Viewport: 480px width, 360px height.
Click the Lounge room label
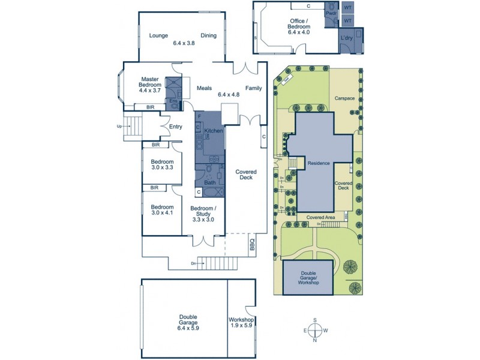pyautogui.click(x=158, y=35)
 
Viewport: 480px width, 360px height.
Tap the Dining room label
pyautogui.click(x=208, y=35)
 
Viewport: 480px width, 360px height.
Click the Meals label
pyautogui.click(x=205, y=88)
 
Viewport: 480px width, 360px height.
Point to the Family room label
pyautogui.click(x=253, y=88)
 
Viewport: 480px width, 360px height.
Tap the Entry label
pyautogui.click(x=175, y=127)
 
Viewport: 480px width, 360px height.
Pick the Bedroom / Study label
pyautogui.click(x=203, y=214)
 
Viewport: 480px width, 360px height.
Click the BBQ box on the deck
pyautogui.click(x=251, y=245)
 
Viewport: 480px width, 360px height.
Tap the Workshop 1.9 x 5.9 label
pyautogui.click(x=242, y=323)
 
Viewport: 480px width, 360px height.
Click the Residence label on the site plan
pyautogui.click(x=319, y=163)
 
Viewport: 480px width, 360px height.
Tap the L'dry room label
pyautogui.click(x=346, y=38)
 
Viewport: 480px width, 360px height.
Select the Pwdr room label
pyautogui.click(x=331, y=13)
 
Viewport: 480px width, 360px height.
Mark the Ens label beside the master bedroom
pyautogui.click(x=173, y=101)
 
